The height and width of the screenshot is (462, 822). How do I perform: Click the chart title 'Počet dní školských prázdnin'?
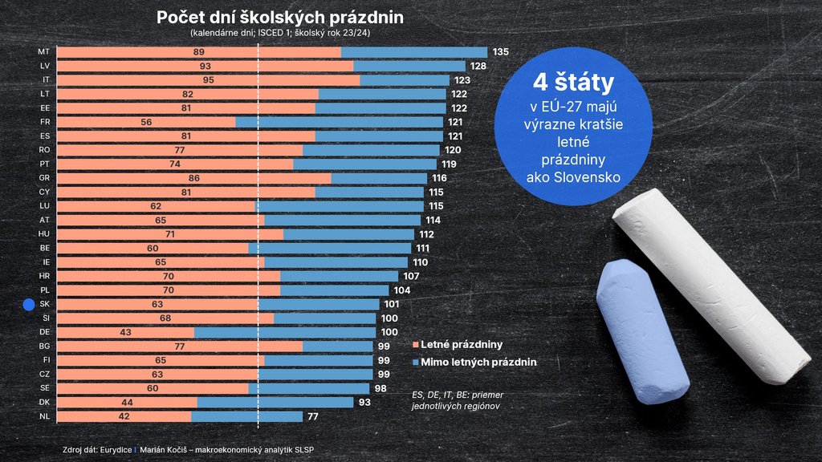280,17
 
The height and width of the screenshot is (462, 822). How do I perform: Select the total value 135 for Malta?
501,52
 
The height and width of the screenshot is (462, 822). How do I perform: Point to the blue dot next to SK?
29,305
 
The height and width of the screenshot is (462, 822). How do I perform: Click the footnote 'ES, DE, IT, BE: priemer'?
457,395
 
